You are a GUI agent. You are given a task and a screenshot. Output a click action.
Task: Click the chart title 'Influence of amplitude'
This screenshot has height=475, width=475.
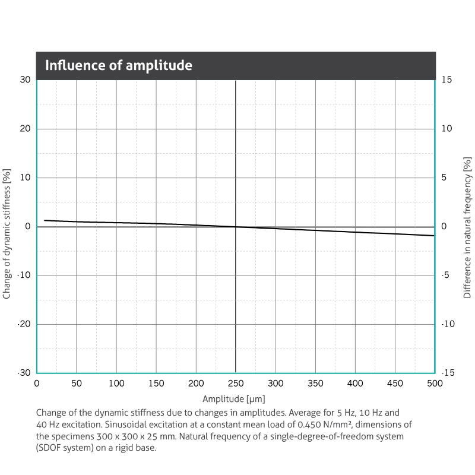[x=118, y=65]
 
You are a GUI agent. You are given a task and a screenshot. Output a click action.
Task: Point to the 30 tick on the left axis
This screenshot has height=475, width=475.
[x=25, y=80]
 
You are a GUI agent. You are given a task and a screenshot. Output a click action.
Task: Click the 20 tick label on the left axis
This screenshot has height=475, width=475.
[x=25, y=129]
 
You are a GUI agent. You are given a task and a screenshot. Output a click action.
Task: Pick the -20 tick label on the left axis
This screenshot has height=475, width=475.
[x=24, y=324]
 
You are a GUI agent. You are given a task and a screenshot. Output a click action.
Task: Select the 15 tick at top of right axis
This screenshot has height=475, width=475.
[x=448, y=80]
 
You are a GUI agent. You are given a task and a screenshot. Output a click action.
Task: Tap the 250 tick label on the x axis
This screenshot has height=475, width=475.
[x=236, y=384]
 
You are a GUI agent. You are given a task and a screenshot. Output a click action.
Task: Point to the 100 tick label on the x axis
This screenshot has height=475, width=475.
[x=116, y=384]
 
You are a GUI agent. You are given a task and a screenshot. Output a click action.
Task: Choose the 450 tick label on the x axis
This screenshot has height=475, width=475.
[x=395, y=384]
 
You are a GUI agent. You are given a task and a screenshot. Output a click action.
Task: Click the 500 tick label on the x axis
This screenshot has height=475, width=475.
[x=435, y=384]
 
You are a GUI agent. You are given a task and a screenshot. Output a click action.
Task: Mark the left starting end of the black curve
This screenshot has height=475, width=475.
[x=45, y=220]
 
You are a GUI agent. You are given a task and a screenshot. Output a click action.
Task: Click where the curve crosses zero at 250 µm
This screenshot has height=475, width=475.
[x=236, y=227]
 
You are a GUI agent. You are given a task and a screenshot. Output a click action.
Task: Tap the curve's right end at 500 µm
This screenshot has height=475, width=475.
[x=434, y=236]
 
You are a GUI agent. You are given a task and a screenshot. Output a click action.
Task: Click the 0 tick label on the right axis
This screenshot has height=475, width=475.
[x=445, y=227]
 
